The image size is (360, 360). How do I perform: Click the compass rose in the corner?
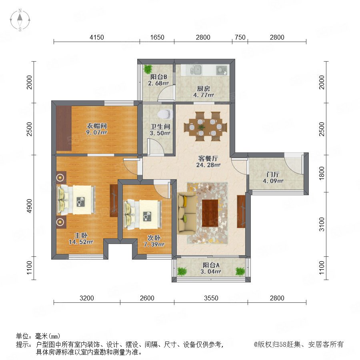point(20,20)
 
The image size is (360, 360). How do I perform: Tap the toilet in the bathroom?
point(165,114)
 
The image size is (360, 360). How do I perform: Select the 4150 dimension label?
point(97,37)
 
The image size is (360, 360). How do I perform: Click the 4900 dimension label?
point(29,206)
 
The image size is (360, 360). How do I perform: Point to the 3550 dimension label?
point(211,298)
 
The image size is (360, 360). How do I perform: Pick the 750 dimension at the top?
point(240,37)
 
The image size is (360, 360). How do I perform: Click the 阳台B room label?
point(158,77)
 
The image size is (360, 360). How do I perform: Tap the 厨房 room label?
point(204,88)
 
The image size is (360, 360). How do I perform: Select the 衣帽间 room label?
point(97,126)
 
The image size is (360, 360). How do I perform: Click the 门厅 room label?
point(273,174)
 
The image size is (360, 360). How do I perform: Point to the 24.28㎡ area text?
point(208,165)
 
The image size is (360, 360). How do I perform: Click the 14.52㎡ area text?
point(81,242)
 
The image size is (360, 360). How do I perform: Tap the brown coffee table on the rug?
point(210,213)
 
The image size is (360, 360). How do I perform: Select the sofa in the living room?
point(186,213)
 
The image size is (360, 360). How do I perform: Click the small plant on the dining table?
point(202,127)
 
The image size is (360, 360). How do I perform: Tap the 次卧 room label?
point(154,238)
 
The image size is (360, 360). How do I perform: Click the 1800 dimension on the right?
point(322,173)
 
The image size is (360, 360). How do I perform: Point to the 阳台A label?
point(211,265)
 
